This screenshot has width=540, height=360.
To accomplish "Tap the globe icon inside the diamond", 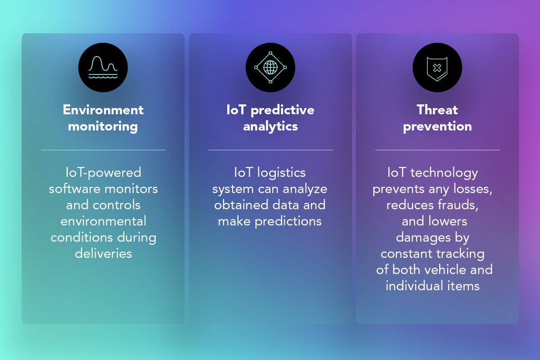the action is pos(270,67).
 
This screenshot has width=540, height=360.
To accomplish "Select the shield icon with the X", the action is pos(437,69).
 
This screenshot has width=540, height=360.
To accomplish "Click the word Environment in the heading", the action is pos(103,110).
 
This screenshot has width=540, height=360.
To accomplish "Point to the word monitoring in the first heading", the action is pos(103,127).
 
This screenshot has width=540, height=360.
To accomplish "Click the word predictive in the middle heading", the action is pos(283,111).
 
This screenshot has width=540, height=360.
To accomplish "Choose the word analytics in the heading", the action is pos(270,127).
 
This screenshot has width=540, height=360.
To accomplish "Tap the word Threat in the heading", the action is pos(437,110).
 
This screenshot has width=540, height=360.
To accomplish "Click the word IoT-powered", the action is pos(103,173).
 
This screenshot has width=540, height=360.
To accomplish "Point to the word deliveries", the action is pos(103,254).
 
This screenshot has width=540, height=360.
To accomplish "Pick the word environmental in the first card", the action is pos(103,221).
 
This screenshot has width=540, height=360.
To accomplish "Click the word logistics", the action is pos(281,173).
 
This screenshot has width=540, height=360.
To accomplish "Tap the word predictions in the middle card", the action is pos(288,221).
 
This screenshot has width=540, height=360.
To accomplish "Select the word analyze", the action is pos(305,189).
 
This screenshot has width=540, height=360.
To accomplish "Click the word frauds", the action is pos(458,205).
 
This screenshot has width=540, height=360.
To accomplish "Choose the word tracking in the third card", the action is pos(460,254).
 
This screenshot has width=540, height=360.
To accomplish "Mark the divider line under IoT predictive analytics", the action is pos(270,150).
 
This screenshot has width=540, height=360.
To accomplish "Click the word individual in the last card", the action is pos(414,286).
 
